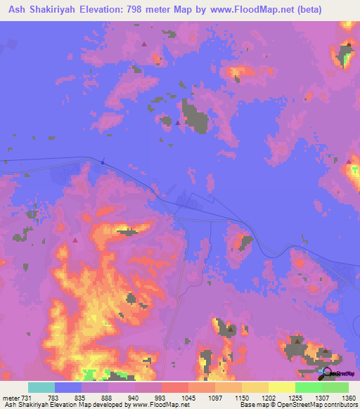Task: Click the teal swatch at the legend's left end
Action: tap(41, 387)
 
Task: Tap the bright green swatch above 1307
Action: tap(308, 387)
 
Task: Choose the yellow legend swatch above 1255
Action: tap(281, 387)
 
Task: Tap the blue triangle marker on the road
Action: tap(103, 162)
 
